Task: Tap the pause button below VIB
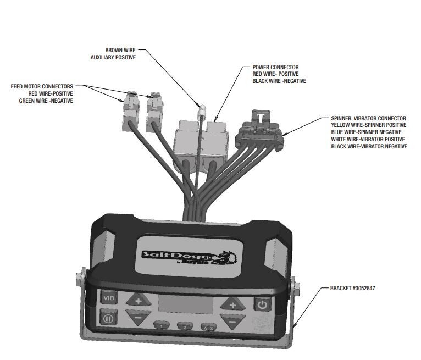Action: (109, 318)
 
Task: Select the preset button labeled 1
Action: (161, 325)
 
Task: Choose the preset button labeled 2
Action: (185, 326)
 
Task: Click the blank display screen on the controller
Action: (185, 306)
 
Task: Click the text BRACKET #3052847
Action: (353, 288)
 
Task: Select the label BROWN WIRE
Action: (120, 50)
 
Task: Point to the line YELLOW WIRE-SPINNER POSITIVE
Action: (369, 125)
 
